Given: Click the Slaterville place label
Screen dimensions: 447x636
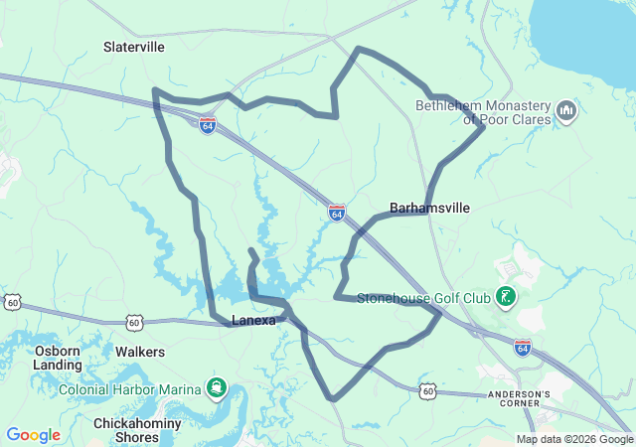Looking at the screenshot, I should click(134, 47).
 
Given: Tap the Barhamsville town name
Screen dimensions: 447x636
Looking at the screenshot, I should click(429, 208).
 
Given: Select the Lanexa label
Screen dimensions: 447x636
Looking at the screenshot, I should click(253, 320).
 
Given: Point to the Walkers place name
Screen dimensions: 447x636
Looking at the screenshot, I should click(140, 352).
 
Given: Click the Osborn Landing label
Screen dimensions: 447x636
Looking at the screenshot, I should click(59, 358).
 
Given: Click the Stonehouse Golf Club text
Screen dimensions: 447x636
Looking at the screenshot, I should click(423, 297).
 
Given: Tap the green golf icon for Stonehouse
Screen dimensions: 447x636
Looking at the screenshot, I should click(506, 296).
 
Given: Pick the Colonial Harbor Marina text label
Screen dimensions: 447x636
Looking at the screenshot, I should click(132, 388).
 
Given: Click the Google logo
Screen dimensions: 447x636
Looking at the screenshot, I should click(33, 435).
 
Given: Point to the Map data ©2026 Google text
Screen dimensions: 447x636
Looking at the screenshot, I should click(574, 439).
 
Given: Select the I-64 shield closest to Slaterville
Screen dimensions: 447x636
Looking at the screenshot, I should click(207, 126).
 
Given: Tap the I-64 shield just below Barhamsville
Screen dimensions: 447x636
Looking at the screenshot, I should click(337, 213).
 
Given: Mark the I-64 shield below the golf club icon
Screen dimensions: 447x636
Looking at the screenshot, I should click(523, 347).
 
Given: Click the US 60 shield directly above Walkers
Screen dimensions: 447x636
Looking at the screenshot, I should click(134, 322).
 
